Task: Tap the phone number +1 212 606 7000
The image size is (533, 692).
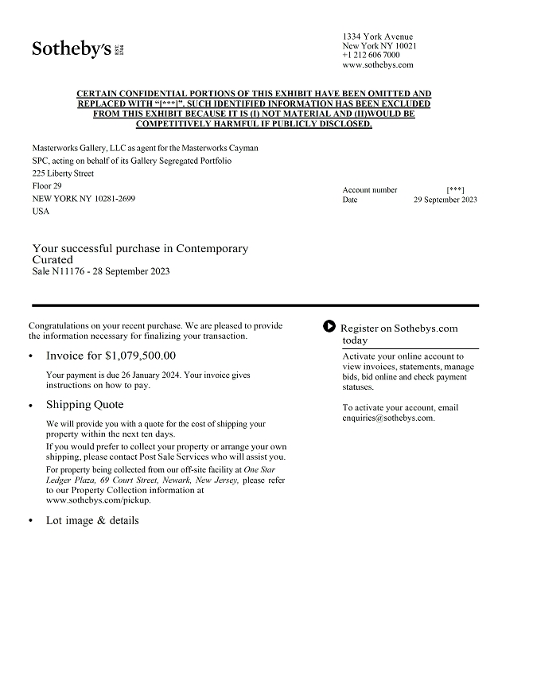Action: pos(372,56)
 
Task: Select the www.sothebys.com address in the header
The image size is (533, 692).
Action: pos(378,65)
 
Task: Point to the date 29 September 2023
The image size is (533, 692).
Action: pos(445,200)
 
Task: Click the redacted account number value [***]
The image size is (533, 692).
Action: pos(455,190)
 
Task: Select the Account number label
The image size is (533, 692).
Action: pos(370,190)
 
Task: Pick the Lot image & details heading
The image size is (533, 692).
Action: pos(92,521)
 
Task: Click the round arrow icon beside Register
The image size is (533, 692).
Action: pos(329,326)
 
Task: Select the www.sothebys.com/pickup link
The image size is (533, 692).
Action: pos(98,500)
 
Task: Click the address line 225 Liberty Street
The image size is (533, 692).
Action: pos(63,173)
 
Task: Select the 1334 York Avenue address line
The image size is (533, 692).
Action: pos(378,37)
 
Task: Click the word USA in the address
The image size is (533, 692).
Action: pos(41,212)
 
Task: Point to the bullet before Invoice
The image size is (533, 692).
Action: pos(31,357)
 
